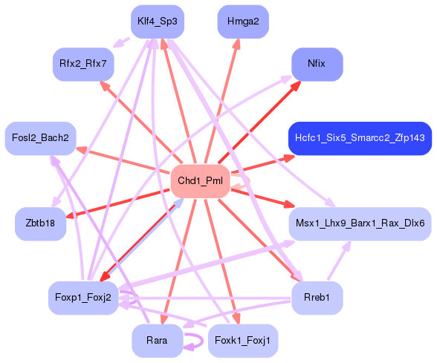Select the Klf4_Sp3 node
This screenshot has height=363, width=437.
pyautogui.click(x=157, y=22)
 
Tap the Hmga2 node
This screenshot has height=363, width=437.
pyautogui.click(x=242, y=22)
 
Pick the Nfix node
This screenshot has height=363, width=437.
pyautogui.click(x=317, y=64)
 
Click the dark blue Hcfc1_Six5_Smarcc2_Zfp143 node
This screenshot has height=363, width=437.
pyautogui.click(x=360, y=139)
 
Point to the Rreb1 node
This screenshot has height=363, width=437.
pyautogui.click(x=317, y=298)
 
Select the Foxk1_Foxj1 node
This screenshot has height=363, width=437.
pyautogui.click(x=242, y=341)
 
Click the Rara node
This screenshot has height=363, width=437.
pyautogui.click(x=157, y=341)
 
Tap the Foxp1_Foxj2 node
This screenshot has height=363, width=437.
pyautogui.click(x=83, y=298)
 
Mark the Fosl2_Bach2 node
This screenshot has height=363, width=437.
pyautogui.click(x=40, y=139)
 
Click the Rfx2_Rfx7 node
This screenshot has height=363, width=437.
pyautogui.click(x=83, y=64)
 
